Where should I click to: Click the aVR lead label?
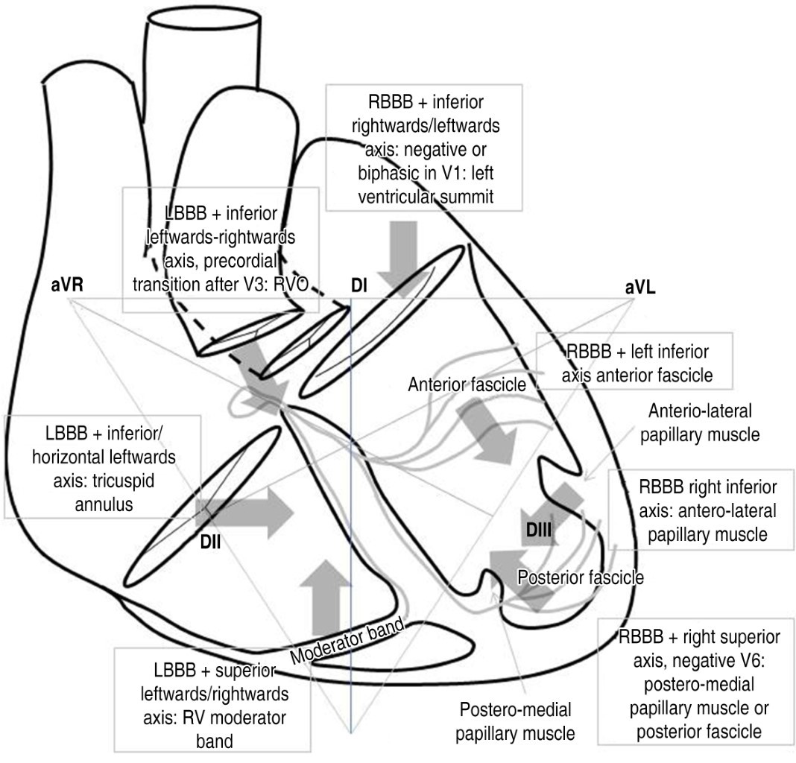pyautogui.click(x=72, y=287)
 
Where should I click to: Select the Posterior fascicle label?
pyautogui.click(x=581, y=577)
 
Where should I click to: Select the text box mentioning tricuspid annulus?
pyautogui.click(x=102, y=466)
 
